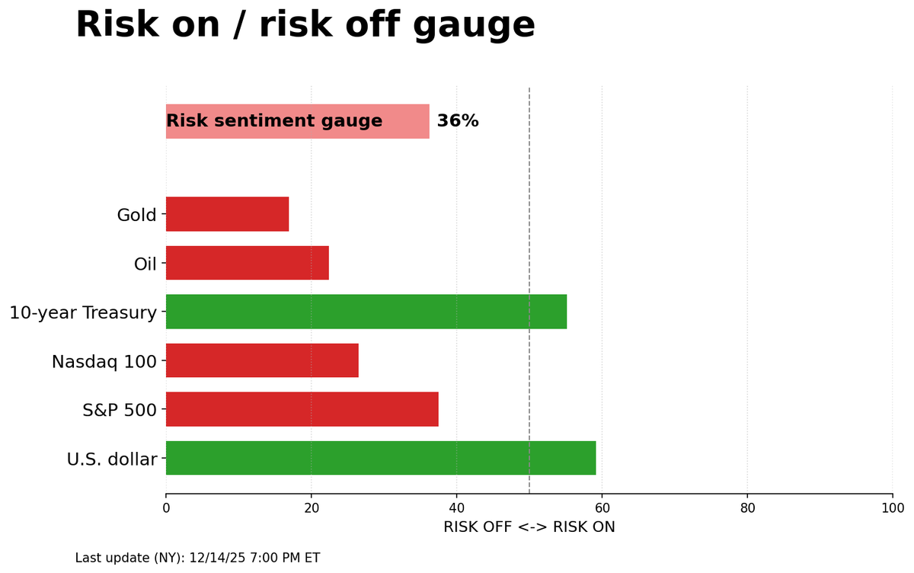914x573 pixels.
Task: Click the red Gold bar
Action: (227, 214)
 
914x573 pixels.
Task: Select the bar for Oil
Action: (247, 263)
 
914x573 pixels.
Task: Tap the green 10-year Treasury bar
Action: (366, 312)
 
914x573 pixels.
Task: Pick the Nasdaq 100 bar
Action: (262, 360)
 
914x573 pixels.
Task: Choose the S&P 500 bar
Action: (302, 409)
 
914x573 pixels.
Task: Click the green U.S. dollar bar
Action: (380, 458)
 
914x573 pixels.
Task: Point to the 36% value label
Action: (457, 121)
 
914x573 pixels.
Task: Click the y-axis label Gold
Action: (136, 215)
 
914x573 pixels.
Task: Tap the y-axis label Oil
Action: (145, 264)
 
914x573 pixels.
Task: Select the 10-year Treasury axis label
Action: (83, 312)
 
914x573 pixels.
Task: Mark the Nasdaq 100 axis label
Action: (104, 361)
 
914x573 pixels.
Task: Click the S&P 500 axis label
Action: (119, 410)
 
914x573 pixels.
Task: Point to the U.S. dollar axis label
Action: (111, 459)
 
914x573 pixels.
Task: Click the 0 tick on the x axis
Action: (166, 508)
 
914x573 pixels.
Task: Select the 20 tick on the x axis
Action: (311, 508)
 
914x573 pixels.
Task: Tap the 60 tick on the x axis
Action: (602, 508)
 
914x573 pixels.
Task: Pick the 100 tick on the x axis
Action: (892, 508)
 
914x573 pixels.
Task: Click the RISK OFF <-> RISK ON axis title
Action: (529, 527)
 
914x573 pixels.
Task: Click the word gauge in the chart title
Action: (474, 26)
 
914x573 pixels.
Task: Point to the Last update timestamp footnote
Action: (197, 558)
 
